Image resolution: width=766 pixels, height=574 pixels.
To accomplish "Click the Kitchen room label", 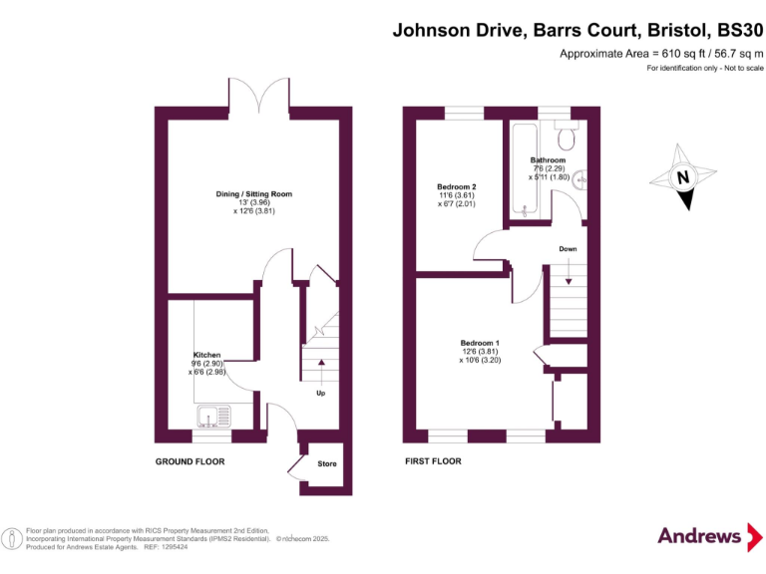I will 206,355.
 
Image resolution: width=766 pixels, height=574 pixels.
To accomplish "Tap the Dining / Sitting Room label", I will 253,193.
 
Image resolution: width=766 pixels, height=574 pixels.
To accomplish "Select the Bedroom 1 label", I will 479,343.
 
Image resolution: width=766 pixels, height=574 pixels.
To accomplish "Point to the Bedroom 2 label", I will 457,186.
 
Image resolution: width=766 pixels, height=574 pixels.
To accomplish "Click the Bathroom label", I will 548,160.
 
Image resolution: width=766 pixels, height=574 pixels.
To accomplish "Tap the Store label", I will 327,463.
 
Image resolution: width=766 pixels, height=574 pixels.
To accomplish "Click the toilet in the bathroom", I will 567,135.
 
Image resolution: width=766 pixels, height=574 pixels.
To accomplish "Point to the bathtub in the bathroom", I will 521,169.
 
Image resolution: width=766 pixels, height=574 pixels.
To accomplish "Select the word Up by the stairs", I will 320,393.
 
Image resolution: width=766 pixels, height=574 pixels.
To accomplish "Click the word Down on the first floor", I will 567,249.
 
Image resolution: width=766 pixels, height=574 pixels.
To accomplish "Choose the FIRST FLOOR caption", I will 433,461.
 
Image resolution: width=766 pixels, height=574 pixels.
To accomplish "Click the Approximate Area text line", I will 661,53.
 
